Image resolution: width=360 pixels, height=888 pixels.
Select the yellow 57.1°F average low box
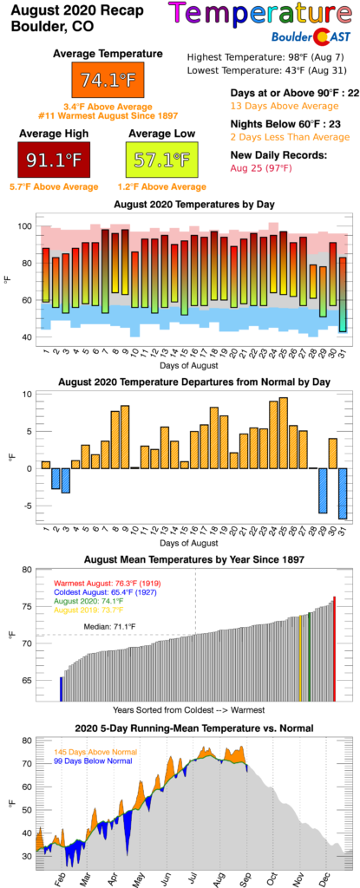point(159,159)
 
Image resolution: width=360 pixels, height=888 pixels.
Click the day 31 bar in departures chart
point(343,493)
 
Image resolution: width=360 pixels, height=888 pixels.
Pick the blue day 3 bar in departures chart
point(65,480)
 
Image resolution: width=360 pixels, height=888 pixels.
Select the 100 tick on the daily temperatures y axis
point(26,226)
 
